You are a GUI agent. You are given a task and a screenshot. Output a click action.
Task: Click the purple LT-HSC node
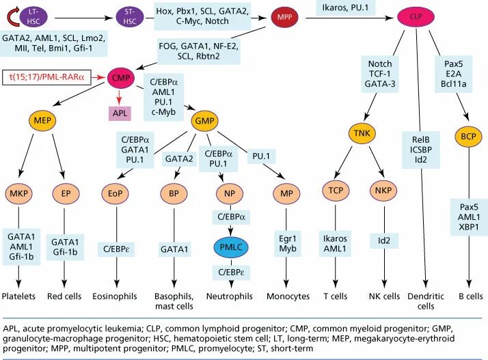click(34, 16)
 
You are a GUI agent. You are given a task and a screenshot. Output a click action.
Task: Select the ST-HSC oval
click(130, 16)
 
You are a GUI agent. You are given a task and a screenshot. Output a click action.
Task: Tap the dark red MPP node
click(284, 17)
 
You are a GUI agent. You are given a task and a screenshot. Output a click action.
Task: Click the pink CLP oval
click(416, 16)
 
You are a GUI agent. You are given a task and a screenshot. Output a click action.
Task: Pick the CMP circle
click(121, 77)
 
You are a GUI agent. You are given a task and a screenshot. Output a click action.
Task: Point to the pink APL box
click(120, 113)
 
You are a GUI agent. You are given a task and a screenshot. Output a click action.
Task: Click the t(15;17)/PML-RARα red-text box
click(46, 77)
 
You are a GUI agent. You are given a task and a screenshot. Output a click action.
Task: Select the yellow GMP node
click(204, 121)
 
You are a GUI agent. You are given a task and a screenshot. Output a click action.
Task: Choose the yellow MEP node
click(42, 120)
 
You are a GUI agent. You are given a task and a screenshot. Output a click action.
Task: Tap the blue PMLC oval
click(231, 247)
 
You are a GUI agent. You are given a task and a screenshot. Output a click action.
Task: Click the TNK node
click(362, 133)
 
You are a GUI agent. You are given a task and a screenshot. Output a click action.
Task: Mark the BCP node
click(468, 137)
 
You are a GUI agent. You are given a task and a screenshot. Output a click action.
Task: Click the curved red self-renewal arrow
click(12, 18)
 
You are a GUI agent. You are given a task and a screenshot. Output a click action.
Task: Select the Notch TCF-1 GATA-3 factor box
click(380, 74)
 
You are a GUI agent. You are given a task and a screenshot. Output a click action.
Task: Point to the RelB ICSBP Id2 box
click(421, 150)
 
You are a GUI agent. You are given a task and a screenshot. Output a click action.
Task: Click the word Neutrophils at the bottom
click(230, 296)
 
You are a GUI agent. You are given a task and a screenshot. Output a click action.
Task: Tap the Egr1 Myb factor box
click(288, 244)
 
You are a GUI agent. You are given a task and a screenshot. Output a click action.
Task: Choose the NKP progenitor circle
click(383, 191)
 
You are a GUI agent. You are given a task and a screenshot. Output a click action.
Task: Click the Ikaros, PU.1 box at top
click(345, 7)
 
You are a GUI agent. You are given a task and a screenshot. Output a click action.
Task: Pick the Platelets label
click(18, 296)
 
